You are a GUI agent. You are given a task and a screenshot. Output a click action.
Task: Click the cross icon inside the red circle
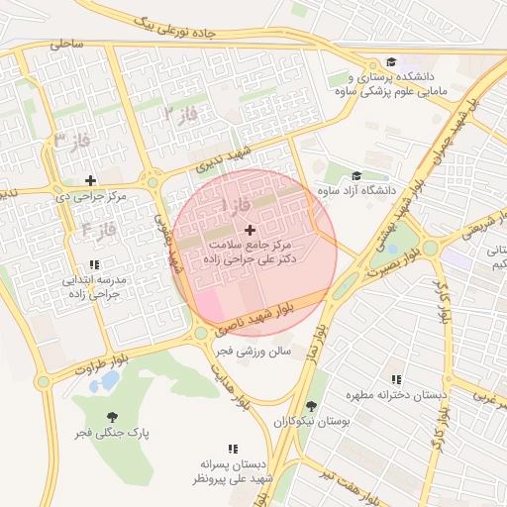click(249, 229)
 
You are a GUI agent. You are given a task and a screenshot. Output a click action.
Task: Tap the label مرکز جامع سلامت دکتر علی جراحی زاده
click(252, 250)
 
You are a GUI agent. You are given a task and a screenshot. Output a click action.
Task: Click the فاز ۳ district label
click(71, 140)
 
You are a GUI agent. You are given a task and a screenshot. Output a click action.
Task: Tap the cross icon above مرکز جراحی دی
click(91, 180)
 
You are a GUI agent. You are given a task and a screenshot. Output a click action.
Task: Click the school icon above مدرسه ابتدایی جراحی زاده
click(94, 264)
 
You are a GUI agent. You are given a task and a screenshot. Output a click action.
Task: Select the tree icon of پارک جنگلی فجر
click(109, 417)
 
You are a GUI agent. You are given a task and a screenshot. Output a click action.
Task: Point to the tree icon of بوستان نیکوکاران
click(311, 406)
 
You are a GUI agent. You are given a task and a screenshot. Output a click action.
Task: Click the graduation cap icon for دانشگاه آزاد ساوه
click(355, 175)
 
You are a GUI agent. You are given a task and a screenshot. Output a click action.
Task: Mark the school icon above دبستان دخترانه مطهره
click(396, 379)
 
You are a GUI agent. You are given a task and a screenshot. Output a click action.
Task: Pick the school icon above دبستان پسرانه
click(234, 449)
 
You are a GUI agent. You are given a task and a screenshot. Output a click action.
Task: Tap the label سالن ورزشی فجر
click(253, 351)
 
